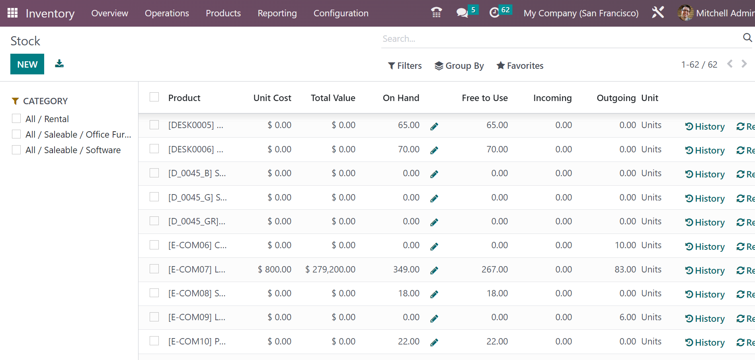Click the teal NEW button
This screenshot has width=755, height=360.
[27, 64]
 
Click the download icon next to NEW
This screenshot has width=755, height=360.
[59, 64]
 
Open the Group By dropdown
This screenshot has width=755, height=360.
[459, 66]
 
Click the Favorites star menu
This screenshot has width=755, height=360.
[520, 66]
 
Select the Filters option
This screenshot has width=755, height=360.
[405, 66]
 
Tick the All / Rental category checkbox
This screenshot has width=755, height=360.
[16, 119]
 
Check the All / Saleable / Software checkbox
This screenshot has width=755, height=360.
[16, 150]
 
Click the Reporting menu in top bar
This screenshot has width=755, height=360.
[277, 13]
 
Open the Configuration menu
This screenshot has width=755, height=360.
[341, 13]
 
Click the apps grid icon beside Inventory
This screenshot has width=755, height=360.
[12, 13]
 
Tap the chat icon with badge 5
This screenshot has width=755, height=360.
[462, 13]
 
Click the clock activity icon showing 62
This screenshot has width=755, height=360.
[494, 13]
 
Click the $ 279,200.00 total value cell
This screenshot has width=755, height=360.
[330, 270]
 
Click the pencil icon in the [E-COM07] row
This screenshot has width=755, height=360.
[434, 270]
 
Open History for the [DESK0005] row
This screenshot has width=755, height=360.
[705, 126]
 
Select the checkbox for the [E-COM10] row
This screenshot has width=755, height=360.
[154, 341]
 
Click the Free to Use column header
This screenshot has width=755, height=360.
[484, 98]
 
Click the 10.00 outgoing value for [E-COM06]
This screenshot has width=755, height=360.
[625, 245]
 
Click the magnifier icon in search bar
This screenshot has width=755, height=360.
[747, 38]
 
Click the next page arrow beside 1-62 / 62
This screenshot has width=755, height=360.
[744, 64]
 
